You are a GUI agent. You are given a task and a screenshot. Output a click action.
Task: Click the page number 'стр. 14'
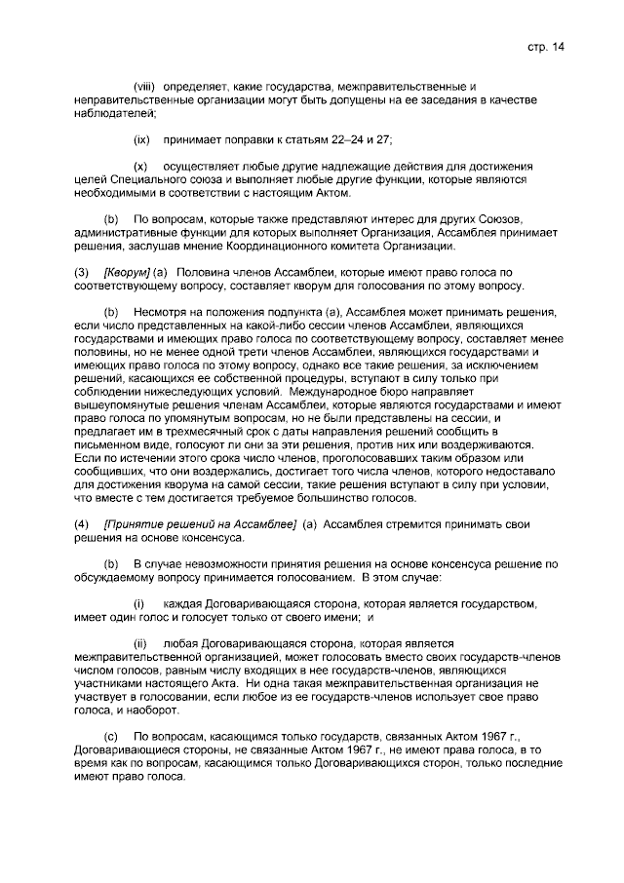tap(546, 46)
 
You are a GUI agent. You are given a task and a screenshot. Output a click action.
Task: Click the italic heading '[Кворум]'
tap(127, 272)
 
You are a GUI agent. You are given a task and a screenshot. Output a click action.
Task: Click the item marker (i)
tap(139, 604)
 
